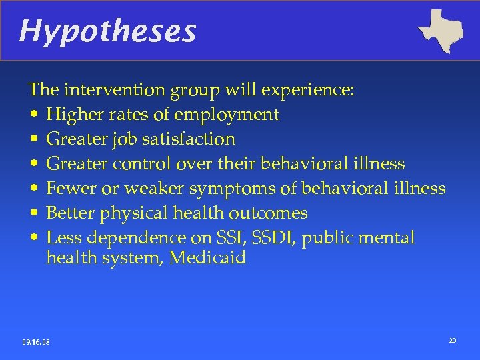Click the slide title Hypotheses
pos(107,31)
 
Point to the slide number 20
pos(453,341)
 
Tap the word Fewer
pos(71,189)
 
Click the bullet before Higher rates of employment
pos(33,115)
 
